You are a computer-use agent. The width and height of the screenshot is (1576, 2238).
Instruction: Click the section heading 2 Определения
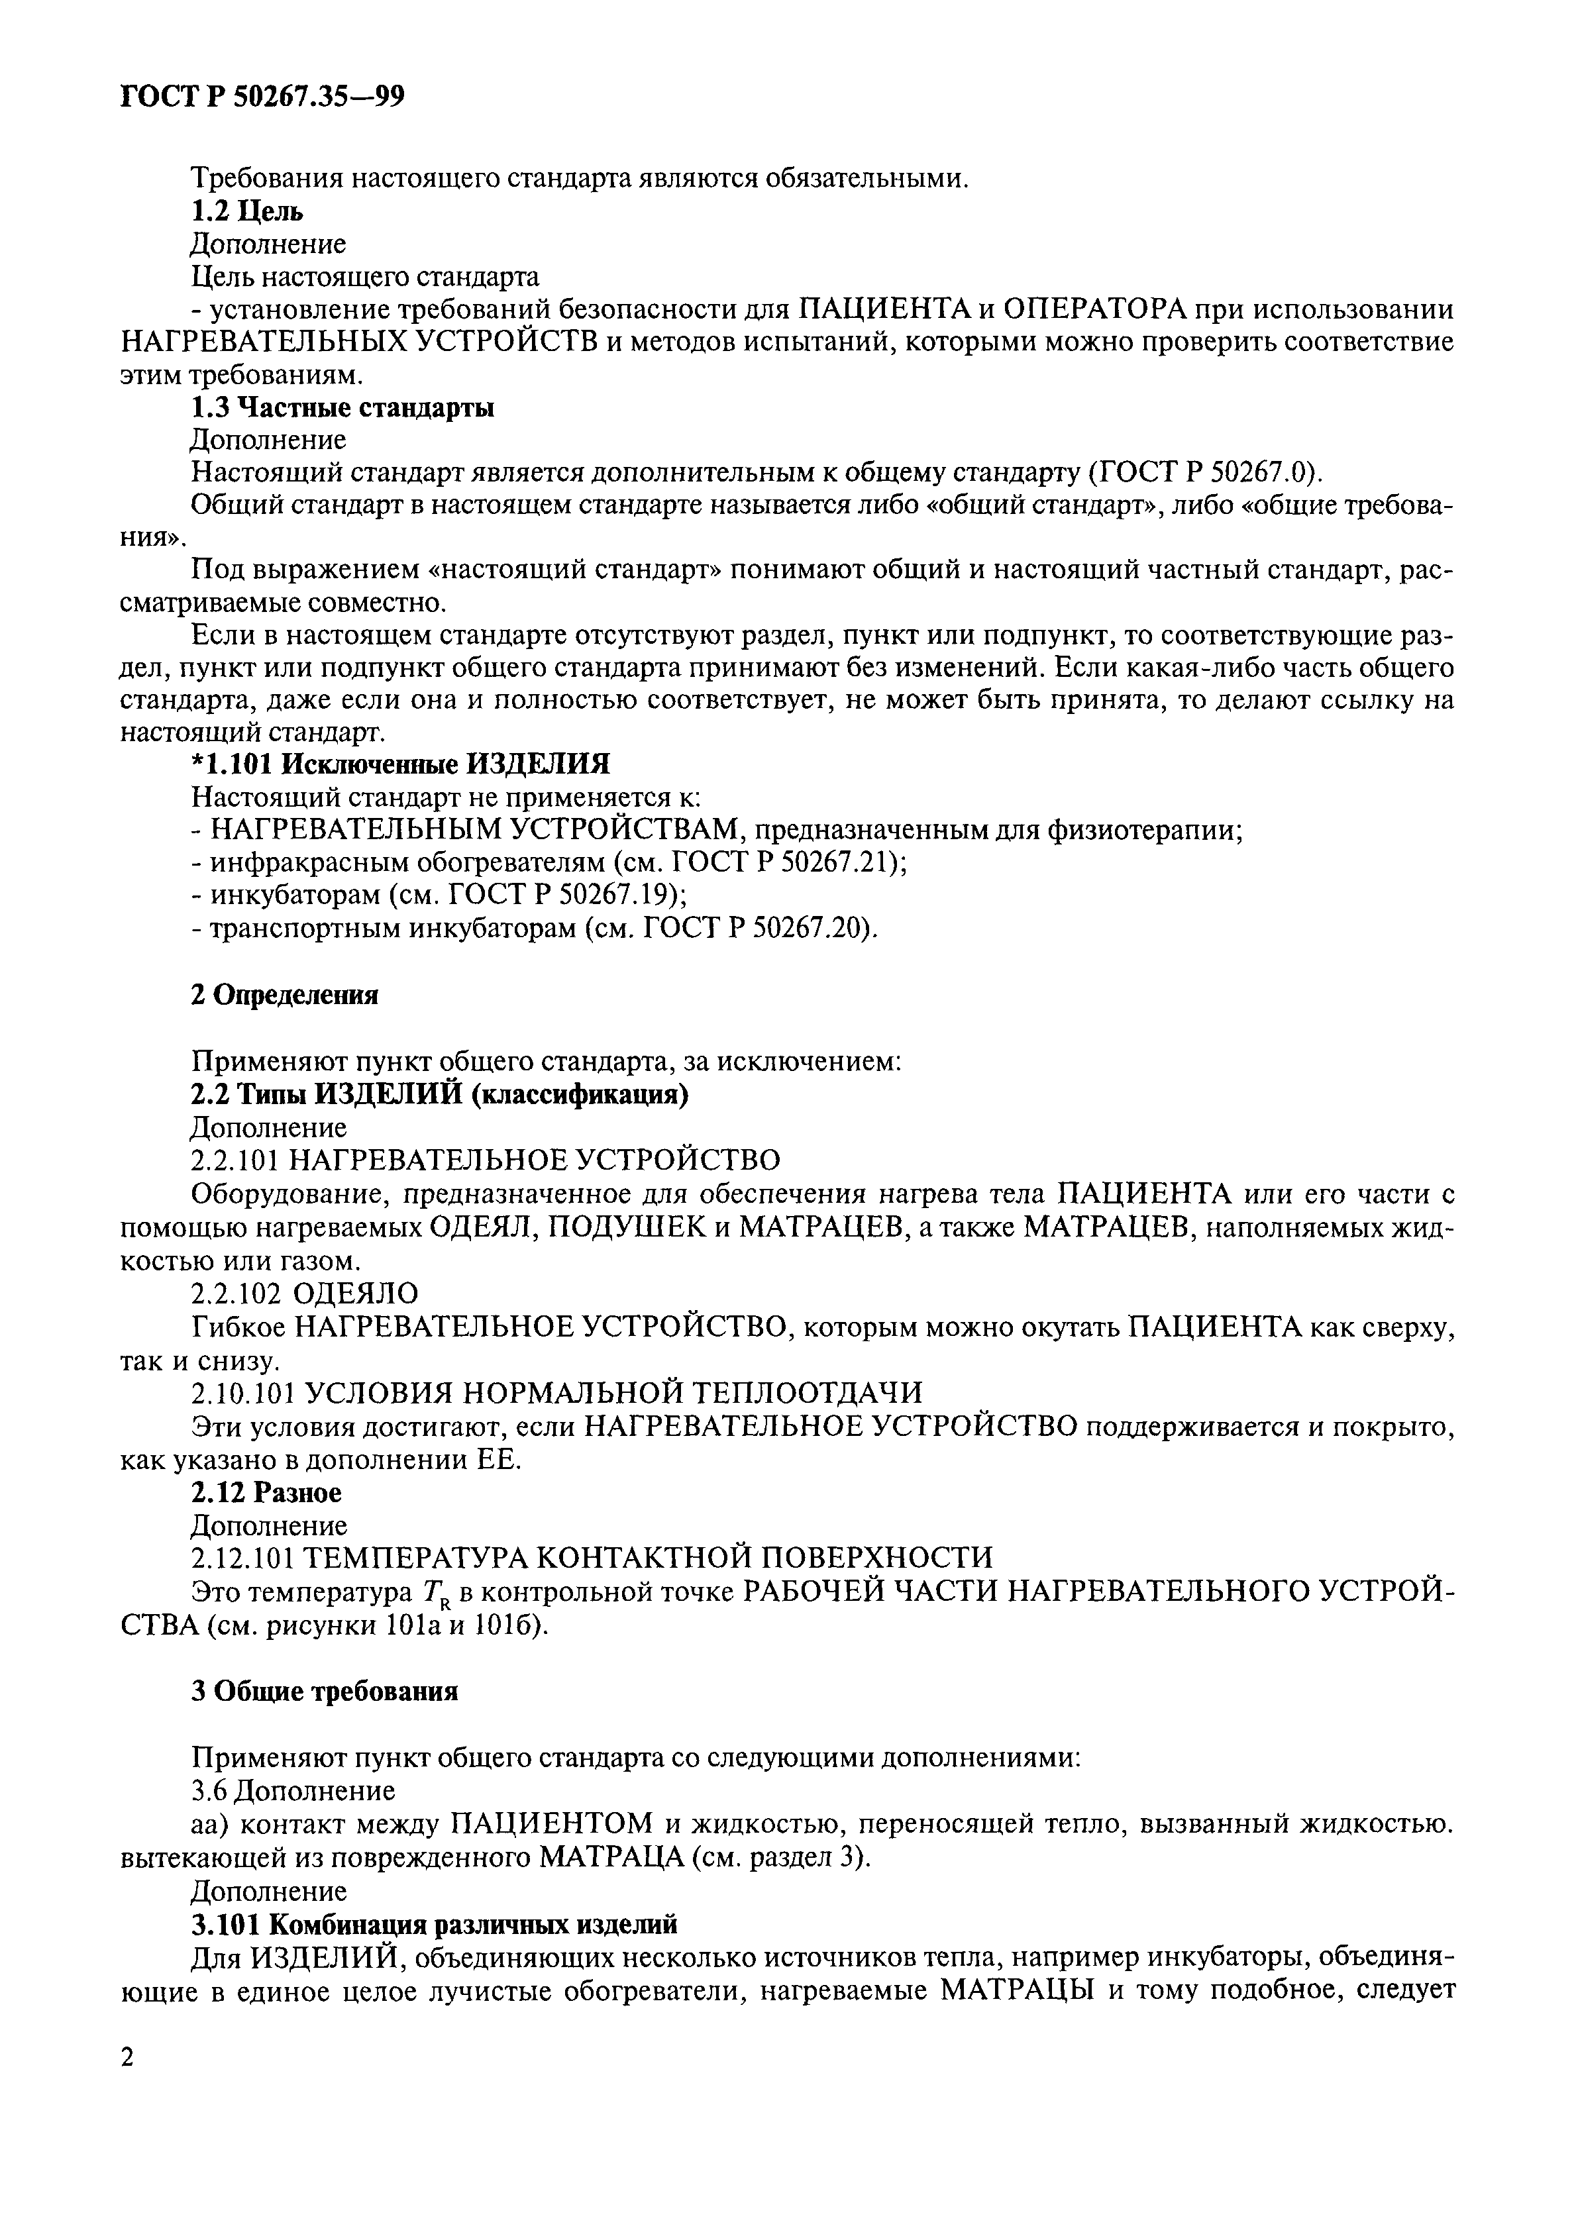pyautogui.click(x=284, y=995)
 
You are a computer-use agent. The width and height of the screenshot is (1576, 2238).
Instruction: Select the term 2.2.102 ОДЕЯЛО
pyautogui.click(x=304, y=1294)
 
